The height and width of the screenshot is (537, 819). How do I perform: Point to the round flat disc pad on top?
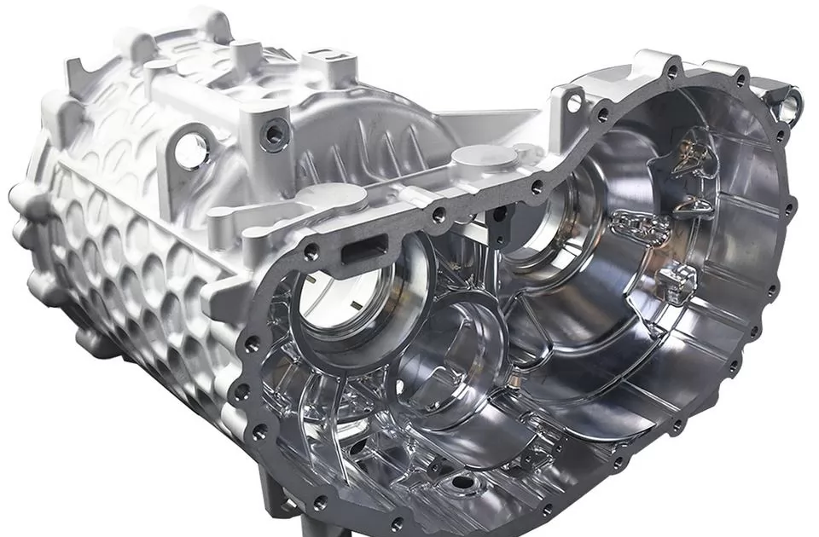[x=484, y=157]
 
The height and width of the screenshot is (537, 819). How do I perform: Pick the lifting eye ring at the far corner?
[x=789, y=103]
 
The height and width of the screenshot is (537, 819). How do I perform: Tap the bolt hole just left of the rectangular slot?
[x=311, y=252]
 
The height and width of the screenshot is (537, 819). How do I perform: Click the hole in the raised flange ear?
[x=573, y=101]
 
